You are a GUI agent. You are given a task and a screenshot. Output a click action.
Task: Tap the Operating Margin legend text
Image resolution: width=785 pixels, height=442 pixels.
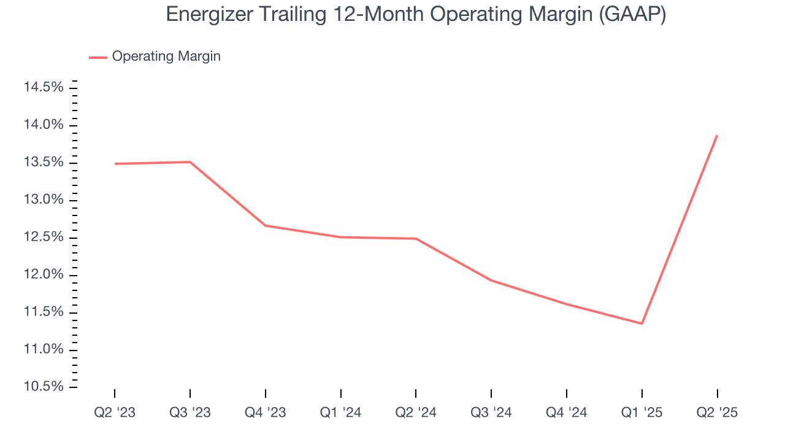coord(166,56)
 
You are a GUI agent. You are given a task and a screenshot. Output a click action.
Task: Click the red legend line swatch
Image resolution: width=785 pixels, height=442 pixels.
coord(98,57)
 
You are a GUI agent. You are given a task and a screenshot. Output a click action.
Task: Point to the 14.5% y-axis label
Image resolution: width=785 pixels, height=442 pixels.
coord(44,88)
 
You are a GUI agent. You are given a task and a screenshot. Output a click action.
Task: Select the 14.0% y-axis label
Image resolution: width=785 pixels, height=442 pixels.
coord(44,125)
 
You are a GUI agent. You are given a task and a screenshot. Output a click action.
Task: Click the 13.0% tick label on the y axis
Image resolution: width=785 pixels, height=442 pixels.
coord(44,200)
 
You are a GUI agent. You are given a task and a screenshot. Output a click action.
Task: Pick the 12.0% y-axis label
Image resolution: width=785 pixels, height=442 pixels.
coord(44,275)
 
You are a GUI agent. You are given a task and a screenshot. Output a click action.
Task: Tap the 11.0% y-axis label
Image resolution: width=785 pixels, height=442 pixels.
coord(44,350)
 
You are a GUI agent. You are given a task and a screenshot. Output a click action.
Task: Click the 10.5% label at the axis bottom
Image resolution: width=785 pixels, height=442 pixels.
coord(44,387)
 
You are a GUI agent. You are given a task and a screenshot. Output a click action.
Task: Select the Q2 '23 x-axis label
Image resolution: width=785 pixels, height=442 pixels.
coord(115,413)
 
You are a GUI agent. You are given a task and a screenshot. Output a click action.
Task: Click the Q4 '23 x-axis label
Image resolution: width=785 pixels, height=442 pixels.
coord(265,413)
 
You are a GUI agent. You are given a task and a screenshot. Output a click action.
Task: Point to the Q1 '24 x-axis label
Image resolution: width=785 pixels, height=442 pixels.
coord(340,413)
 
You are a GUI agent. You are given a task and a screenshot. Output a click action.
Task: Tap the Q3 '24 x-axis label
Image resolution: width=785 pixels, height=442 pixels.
coord(491,413)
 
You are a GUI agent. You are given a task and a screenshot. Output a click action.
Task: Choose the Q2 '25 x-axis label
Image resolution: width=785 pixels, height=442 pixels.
coord(717,413)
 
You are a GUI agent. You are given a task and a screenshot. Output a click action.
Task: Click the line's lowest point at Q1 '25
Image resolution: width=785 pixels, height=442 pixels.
coord(641,324)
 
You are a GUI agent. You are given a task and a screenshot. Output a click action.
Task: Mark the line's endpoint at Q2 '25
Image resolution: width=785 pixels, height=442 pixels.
coord(717,136)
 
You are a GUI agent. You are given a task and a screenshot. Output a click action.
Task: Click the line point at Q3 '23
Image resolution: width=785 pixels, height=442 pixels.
coord(190,162)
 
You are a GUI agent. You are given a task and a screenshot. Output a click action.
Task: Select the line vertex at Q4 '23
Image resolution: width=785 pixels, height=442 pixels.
coord(265,225)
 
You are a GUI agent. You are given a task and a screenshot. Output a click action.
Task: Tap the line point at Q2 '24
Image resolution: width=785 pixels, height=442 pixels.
coord(416,239)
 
